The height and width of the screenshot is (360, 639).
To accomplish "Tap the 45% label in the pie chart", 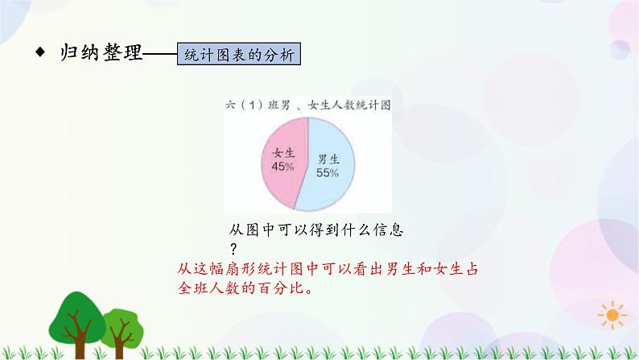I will point(282,166).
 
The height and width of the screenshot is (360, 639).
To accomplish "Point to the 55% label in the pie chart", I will point(326,172).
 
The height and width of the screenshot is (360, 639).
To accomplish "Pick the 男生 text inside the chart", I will point(327,159).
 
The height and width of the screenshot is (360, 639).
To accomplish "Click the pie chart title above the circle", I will point(306,105).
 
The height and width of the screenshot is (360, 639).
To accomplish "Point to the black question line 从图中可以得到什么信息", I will point(315,230).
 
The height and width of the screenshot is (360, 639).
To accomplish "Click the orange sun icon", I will point(614,315).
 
